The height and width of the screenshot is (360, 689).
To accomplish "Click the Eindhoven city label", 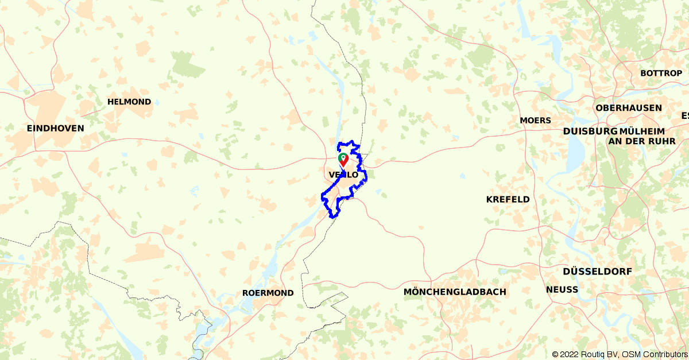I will (55, 129).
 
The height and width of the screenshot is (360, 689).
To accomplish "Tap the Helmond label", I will (129, 102).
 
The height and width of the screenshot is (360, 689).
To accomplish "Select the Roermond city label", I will (268, 293).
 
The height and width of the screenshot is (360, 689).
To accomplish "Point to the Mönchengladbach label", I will (455, 292).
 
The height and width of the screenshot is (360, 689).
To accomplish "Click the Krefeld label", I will (508, 199).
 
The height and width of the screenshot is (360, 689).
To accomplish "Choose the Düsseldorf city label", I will (597, 271).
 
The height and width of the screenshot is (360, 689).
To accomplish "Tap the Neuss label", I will (562, 289).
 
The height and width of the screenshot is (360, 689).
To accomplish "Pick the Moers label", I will (535, 121).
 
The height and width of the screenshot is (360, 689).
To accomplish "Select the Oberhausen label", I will (629, 108).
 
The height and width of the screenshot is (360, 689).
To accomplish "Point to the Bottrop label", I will (661, 73).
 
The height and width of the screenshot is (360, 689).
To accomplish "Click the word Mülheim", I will (642, 131).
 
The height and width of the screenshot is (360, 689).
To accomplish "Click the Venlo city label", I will (343, 175).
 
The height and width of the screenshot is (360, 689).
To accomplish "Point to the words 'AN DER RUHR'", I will (641, 141).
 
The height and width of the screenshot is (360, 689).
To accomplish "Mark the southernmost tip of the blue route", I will (332, 218).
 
